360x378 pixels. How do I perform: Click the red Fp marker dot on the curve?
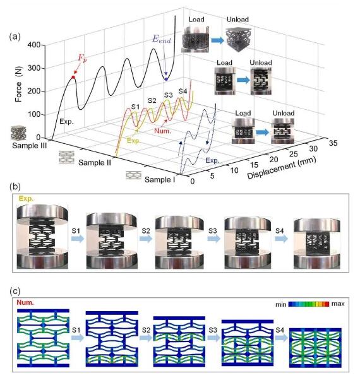pos(73,77)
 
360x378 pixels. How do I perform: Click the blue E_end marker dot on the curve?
pos(166,79)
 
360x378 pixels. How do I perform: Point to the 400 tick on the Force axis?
pos(33,45)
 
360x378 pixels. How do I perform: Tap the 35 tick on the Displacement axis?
pos(333,143)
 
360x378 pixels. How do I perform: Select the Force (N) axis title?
pos(18,84)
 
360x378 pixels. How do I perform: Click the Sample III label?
pos(30,146)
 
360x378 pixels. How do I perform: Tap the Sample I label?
pos(160,180)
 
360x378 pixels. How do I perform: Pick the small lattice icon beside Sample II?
pos(66,157)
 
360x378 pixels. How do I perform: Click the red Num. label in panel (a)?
pos(162,131)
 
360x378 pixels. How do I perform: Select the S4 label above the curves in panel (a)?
pos(183,92)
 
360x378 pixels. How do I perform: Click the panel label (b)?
pos(15,187)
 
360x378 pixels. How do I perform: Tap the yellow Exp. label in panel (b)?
pos(27,198)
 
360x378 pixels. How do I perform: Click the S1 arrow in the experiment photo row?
pos(78,239)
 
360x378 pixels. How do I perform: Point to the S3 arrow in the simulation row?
pos(213,338)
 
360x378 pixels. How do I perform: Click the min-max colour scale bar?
pos(309,304)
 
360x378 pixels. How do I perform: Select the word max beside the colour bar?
pos(338,304)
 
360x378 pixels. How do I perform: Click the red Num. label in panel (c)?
pos(25,302)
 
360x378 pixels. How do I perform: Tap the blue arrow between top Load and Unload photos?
pos(218,40)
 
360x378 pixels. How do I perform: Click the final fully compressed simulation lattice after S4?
pos(315,347)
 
